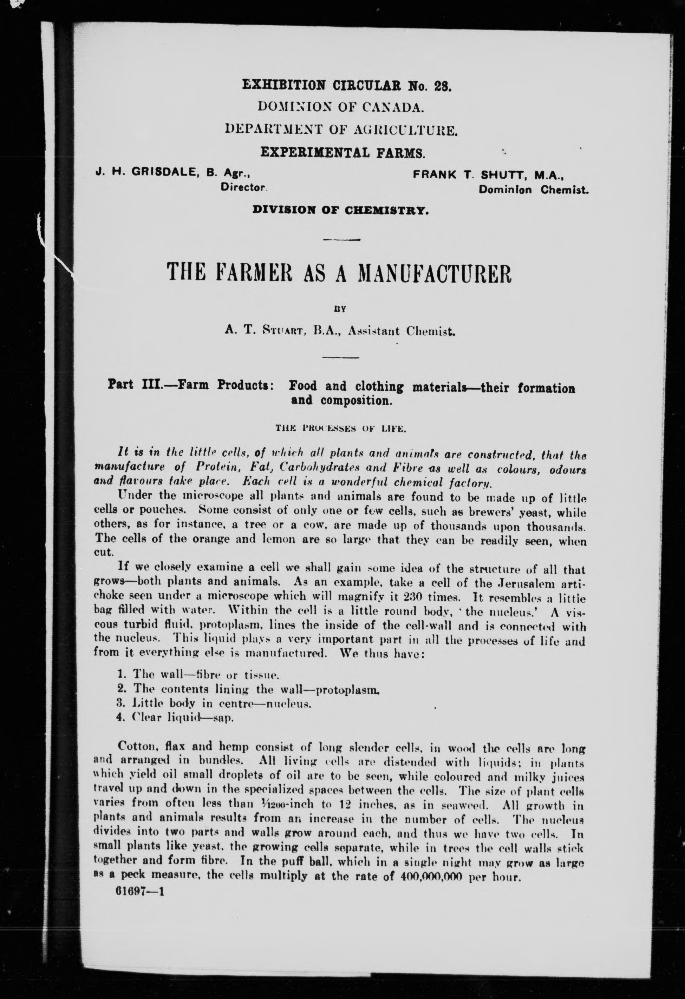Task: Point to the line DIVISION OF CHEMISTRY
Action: (x=340, y=210)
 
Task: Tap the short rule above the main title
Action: (x=340, y=239)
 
